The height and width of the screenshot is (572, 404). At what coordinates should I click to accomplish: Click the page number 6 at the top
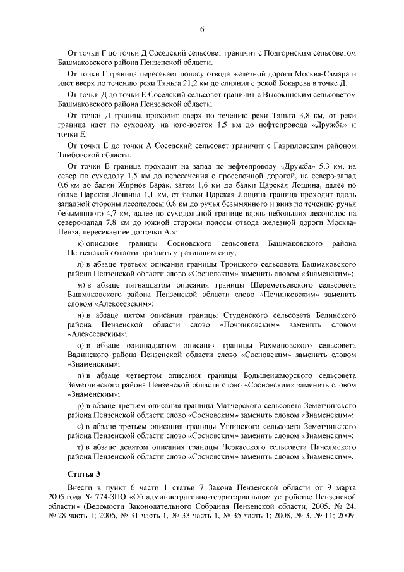click(x=202, y=30)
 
